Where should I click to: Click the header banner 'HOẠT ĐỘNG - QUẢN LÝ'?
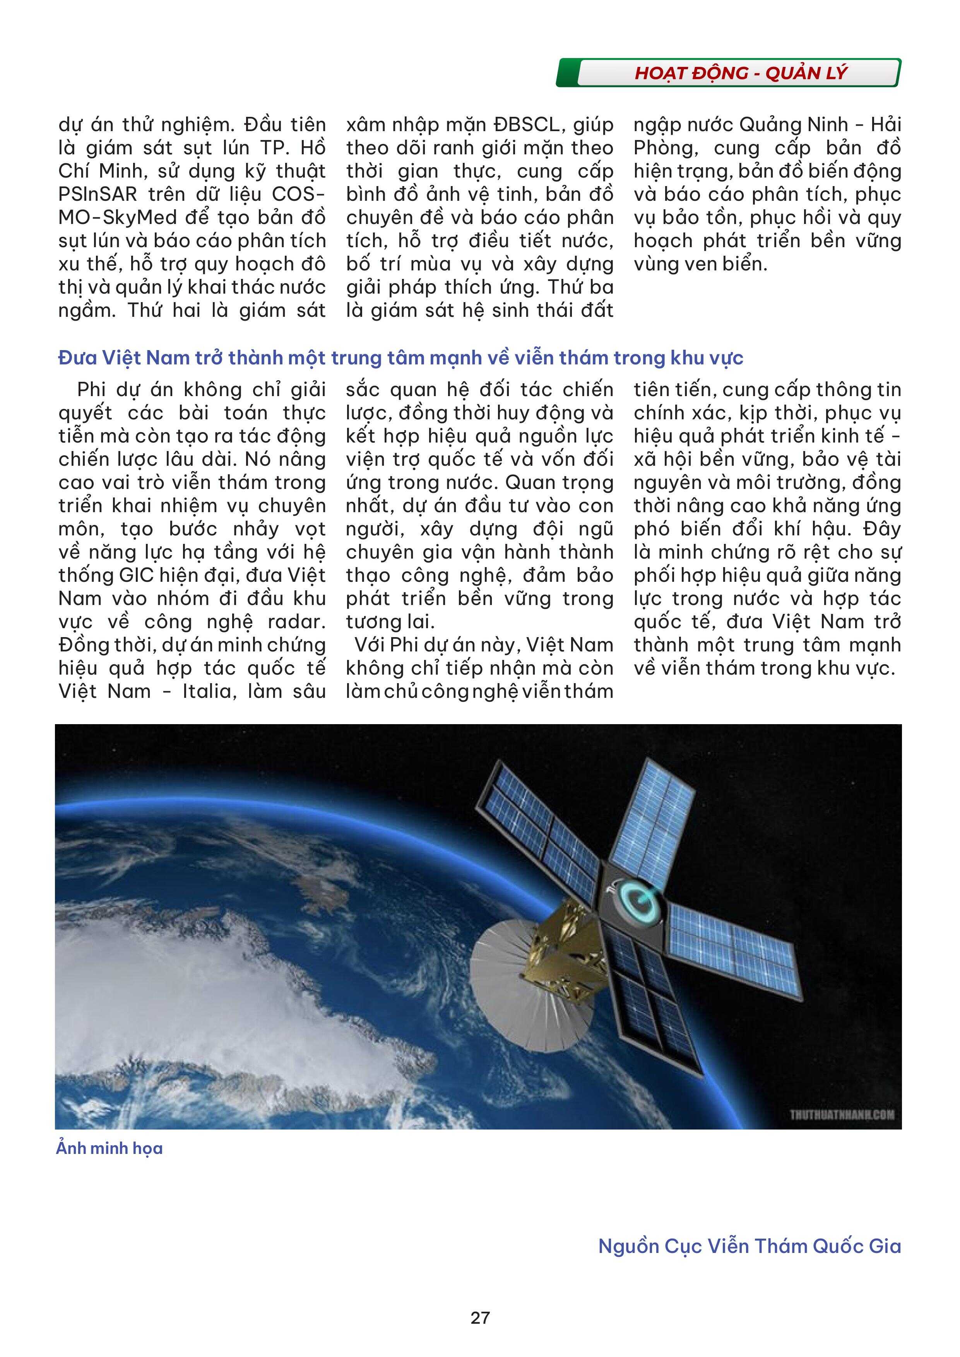click(740, 73)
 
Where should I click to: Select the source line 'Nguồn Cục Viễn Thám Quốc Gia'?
click(750, 1246)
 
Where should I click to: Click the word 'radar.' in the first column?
click(296, 622)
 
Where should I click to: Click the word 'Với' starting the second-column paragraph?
click(370, 645)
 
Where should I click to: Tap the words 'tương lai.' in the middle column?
click(390, 622)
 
